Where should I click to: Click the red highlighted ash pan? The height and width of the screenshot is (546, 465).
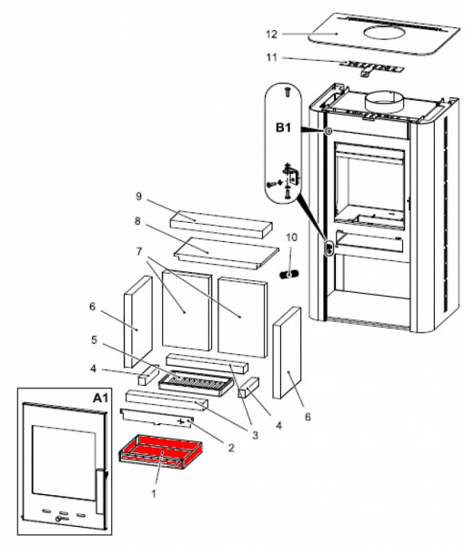point(160,452)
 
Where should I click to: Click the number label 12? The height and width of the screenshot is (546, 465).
point(271,35)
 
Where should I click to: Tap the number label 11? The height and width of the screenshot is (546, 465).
point(272,57)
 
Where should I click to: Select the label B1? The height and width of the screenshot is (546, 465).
point(283,127)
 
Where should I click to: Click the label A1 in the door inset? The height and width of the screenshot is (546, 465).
point(100,398)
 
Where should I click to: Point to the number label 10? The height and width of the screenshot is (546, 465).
point(291,238)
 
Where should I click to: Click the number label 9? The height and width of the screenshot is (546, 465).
point(138,197)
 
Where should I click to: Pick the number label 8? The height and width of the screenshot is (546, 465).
point(137,221)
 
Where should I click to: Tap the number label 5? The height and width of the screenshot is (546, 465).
point(94,339)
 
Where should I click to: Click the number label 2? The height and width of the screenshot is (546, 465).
point(231,448)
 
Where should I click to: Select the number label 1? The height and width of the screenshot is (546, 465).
point(154,493)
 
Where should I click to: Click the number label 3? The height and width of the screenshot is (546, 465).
point(256,435)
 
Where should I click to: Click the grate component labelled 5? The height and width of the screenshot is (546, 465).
point(196,384)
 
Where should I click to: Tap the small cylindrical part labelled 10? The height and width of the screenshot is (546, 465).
point(288,275)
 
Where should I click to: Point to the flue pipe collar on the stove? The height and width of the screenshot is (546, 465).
point(384,102)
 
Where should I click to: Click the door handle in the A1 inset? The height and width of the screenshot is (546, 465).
point(100,491)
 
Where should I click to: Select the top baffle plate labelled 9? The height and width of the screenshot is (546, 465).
point(221,224)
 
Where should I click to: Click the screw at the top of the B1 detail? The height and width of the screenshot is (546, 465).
point(288,92)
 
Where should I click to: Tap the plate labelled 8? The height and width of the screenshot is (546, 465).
point(227,253)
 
